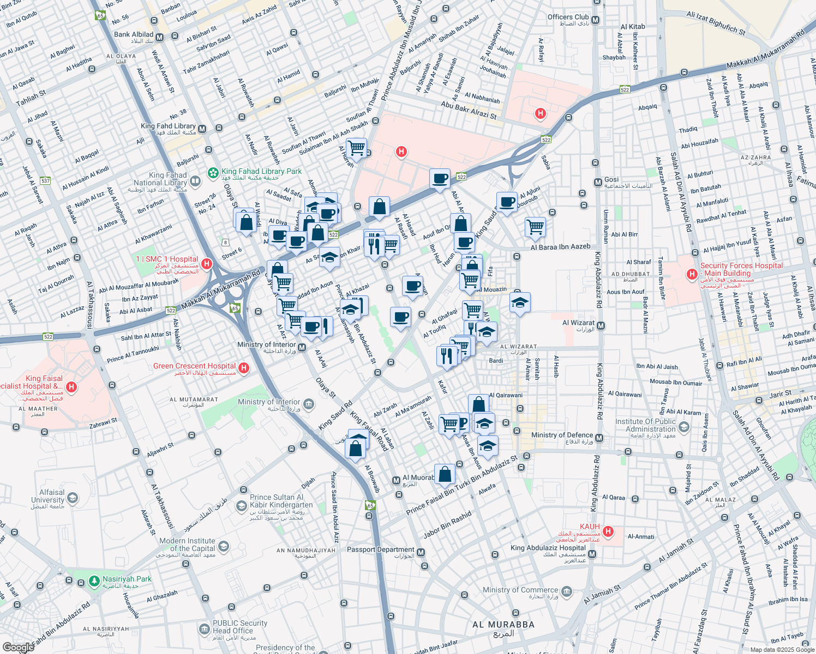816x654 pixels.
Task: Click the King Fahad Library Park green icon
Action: click(213, 173)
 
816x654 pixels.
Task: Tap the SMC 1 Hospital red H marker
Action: click(207, 264)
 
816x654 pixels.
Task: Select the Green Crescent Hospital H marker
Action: click(244, 368)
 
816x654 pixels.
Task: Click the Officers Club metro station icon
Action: click(595, 20)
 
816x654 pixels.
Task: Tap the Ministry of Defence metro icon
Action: click(599, 438)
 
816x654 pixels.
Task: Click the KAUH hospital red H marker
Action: click(608, 531)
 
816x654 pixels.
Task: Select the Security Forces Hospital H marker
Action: click(692, 274)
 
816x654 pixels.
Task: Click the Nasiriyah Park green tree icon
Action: click(94, 582)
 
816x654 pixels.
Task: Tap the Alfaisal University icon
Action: click(72, 498)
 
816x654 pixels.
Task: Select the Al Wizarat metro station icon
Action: click(601, 326)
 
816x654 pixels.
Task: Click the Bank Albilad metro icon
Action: click(160, 38)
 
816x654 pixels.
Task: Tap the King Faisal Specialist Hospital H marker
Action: click(71, 387)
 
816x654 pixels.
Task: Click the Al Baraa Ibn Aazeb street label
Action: click(560, 247)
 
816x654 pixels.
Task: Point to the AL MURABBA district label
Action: click(503, 625)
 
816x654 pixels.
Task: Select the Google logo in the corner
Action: click(18, 647)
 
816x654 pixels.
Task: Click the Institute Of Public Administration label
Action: click(646, 425)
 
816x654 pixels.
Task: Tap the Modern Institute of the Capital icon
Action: click(223, 546)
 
